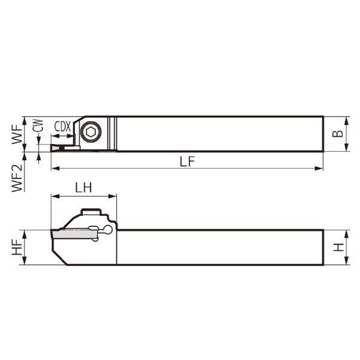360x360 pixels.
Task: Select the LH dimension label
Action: (83, 187)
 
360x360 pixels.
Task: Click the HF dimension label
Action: (16, 247)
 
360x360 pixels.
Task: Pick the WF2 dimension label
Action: (16, 178)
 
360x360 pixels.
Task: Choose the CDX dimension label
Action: (62, 126)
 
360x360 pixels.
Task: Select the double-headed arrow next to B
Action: (348, 133)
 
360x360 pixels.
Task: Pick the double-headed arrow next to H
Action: (348, 247)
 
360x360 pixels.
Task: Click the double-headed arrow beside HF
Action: (25, 247)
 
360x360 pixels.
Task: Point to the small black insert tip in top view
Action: (61, 146)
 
